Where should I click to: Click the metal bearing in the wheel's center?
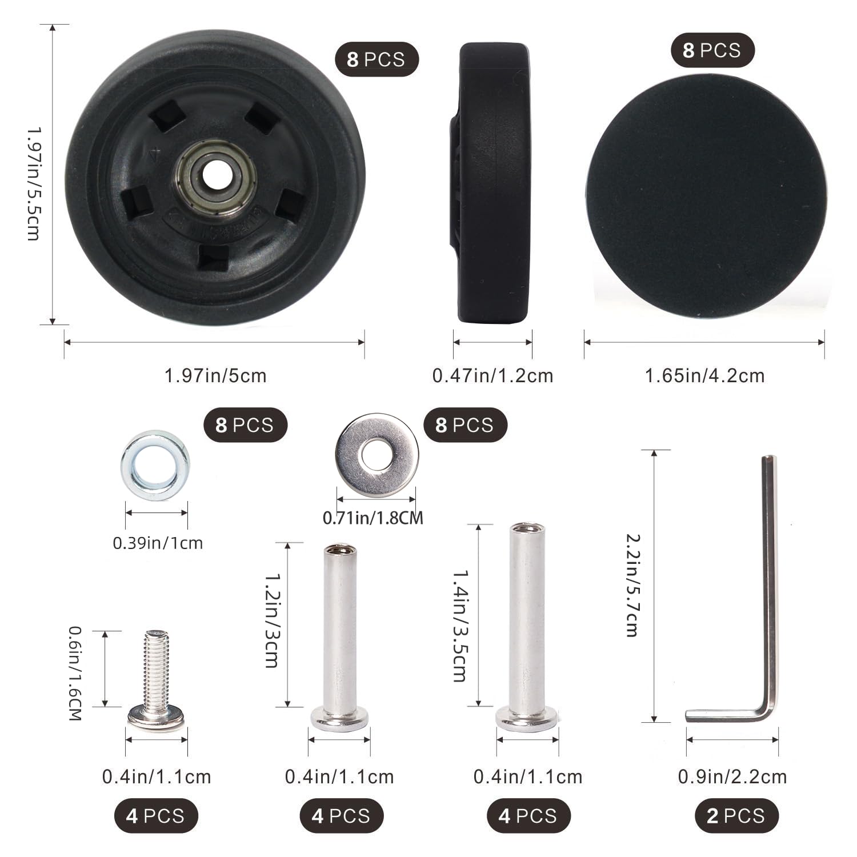pyautogui.click(x=215, y=178)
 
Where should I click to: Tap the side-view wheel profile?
pyautogui.click(x=491, y=183)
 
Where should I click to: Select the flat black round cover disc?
pyautogui.click(x=706, y=196)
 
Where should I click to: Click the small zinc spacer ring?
pyautogui.click(x=155, y=465)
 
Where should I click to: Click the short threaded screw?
pyautogui.click(x=157, y=680)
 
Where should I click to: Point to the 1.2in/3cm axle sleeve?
pyautogui.click(x=340, y=638)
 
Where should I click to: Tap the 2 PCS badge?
pyautogui.click(x=737, y=815)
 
